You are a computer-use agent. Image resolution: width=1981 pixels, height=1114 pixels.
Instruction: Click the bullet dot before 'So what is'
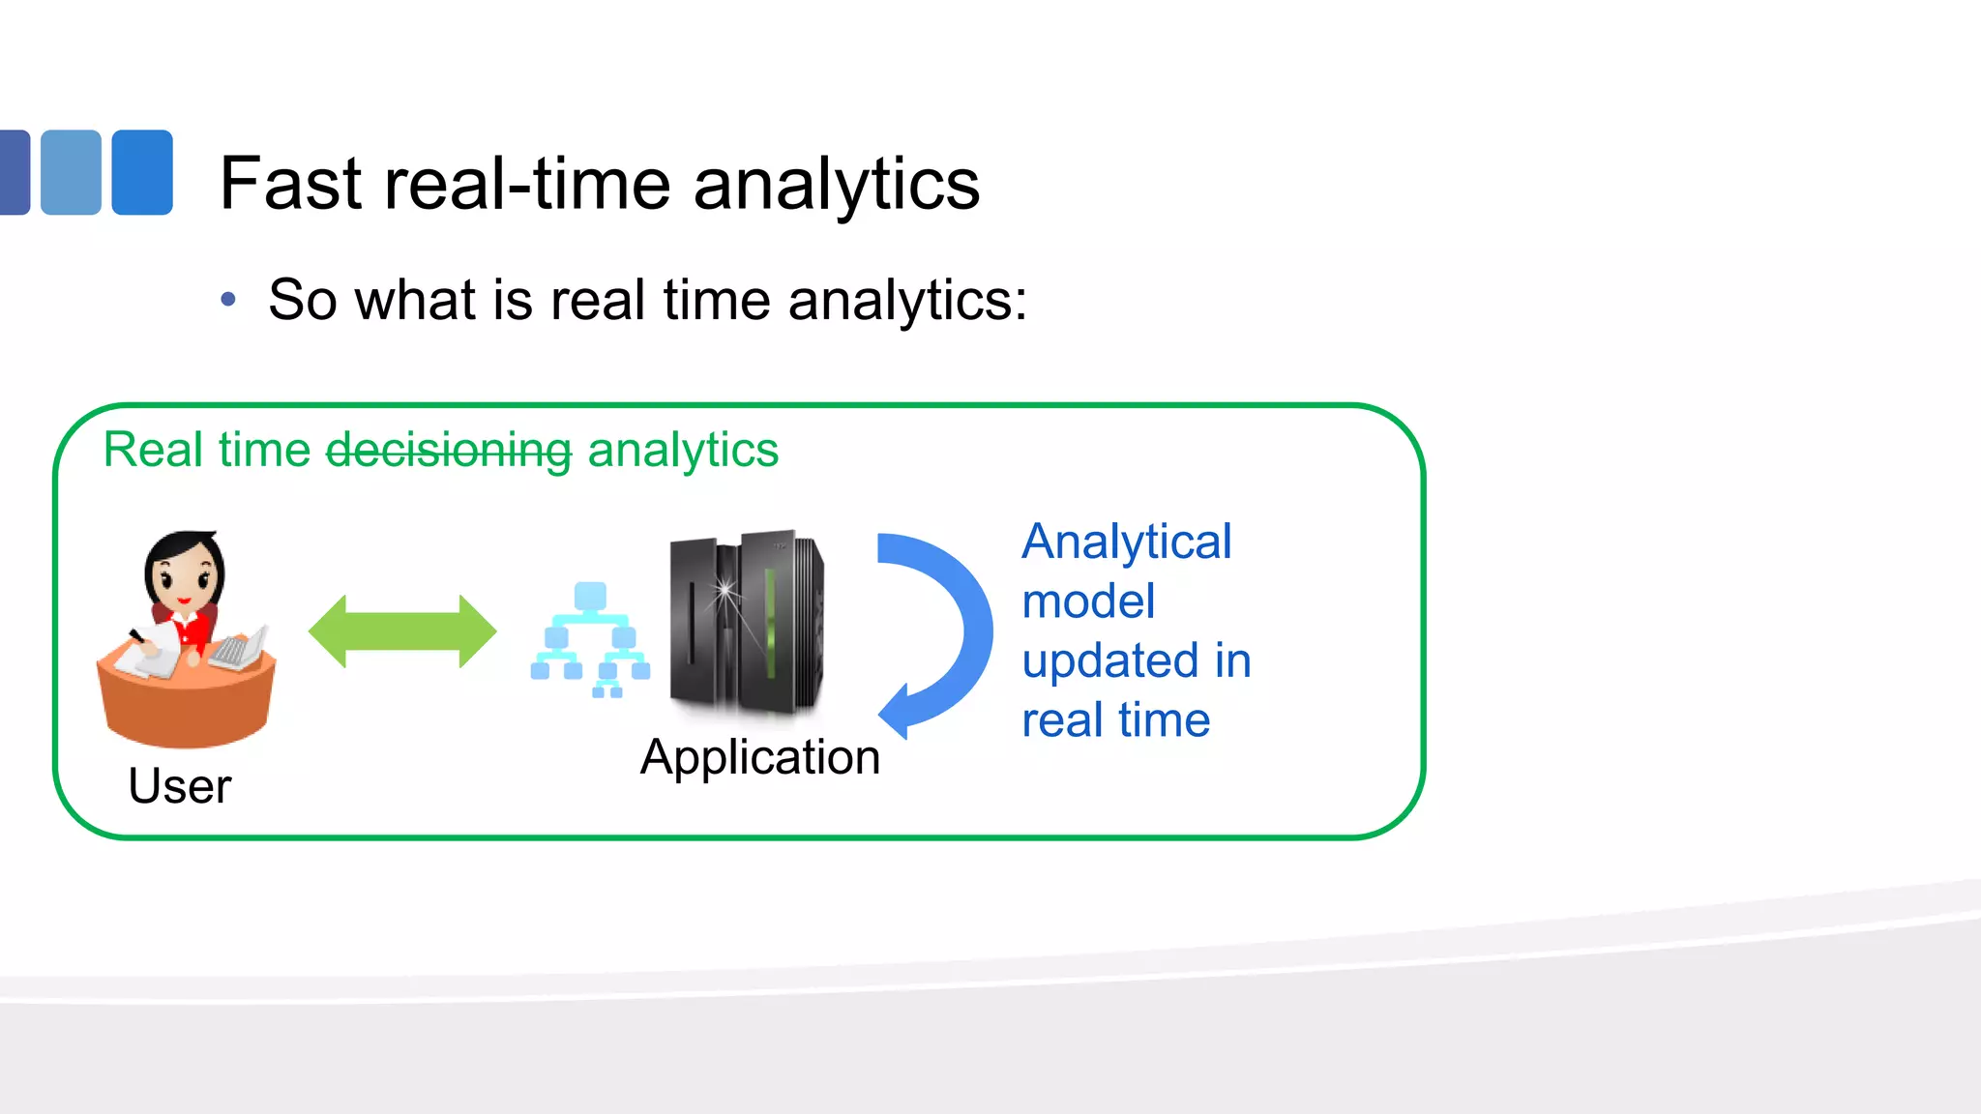point(228,300)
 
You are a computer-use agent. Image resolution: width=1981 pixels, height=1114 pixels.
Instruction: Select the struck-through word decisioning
point(449,451)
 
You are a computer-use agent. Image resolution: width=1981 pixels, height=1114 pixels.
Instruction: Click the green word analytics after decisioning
point(682,451)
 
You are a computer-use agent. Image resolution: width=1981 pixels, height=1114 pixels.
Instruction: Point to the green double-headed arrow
point(402,631)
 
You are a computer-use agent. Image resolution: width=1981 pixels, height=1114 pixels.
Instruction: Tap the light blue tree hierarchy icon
point(590,640)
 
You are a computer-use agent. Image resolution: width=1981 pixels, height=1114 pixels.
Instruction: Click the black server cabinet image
point(746,624)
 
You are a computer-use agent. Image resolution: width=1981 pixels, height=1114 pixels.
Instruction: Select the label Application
point(760,757)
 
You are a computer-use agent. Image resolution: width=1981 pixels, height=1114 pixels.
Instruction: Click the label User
point(180,786)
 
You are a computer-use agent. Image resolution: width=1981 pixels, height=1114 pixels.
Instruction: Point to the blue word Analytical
point(1126,542)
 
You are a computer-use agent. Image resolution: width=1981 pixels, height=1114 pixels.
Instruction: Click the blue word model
point(1088,601)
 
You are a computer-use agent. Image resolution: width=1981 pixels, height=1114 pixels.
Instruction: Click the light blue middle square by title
point(71,172)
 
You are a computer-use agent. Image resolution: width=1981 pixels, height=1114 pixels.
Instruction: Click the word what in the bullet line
point(418,300)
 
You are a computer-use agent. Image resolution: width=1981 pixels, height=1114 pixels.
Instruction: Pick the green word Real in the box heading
point(154,451)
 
